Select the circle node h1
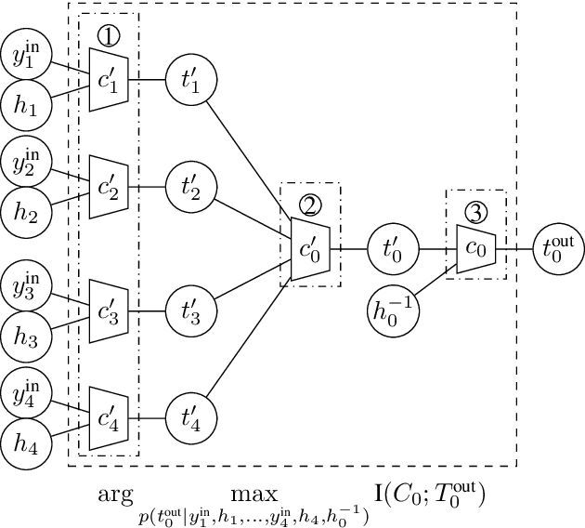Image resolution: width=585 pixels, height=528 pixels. pyautogui.click(x=26, y=107)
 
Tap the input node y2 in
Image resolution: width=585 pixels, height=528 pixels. pyautogui.click(x=26, y=160)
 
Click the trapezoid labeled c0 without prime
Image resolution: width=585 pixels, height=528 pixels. pyautogui.click(x=475, y=248)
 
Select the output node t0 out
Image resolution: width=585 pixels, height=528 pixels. pyautogui.click(x=558, y=248)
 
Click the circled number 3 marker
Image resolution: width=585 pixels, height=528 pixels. pyautogui.click(x=475, y=211)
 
